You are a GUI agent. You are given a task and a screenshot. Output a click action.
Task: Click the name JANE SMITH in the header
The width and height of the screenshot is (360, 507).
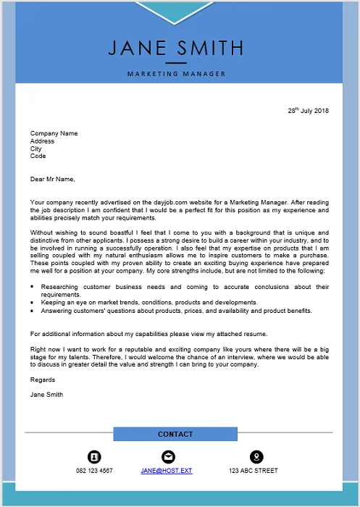coord(176,48)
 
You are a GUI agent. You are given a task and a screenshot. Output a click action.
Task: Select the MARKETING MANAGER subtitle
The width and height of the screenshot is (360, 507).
coord(176,74)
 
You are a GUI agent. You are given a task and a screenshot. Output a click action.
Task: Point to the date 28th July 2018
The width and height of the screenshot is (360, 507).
coord(308,111)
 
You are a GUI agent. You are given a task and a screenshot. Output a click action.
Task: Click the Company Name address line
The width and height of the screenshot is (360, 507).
coord(54,133)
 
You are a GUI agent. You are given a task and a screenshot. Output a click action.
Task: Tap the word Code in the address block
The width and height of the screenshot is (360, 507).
coord(38,156)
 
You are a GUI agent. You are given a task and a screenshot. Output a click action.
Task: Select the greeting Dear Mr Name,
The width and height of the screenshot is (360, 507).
coord(52,178)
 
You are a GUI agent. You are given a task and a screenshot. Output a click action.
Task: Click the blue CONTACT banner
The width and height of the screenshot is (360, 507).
coord(175,434)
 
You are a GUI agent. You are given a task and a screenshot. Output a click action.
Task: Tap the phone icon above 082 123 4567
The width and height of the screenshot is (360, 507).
coord(94,457)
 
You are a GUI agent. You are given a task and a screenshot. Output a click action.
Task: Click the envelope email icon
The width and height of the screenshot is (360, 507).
coord(168,457)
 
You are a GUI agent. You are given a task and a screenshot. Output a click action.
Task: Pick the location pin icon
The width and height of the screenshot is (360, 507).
coord(256,457)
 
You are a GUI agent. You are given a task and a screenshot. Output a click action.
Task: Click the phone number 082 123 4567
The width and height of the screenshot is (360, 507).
coord(94,471)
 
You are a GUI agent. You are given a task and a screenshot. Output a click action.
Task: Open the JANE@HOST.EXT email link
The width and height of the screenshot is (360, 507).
coord(167,471)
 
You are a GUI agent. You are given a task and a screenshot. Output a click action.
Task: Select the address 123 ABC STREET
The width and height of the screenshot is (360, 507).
coord(253,471)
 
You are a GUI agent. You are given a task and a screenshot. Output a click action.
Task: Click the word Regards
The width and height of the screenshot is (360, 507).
coord(42,380)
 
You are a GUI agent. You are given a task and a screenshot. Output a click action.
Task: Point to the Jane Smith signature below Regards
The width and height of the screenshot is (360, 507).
coord(46,395)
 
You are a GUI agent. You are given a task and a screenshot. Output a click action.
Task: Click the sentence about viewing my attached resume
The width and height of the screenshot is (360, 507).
coord(148,334)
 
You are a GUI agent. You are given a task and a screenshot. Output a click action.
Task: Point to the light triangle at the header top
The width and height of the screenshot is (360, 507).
coord(175,7)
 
